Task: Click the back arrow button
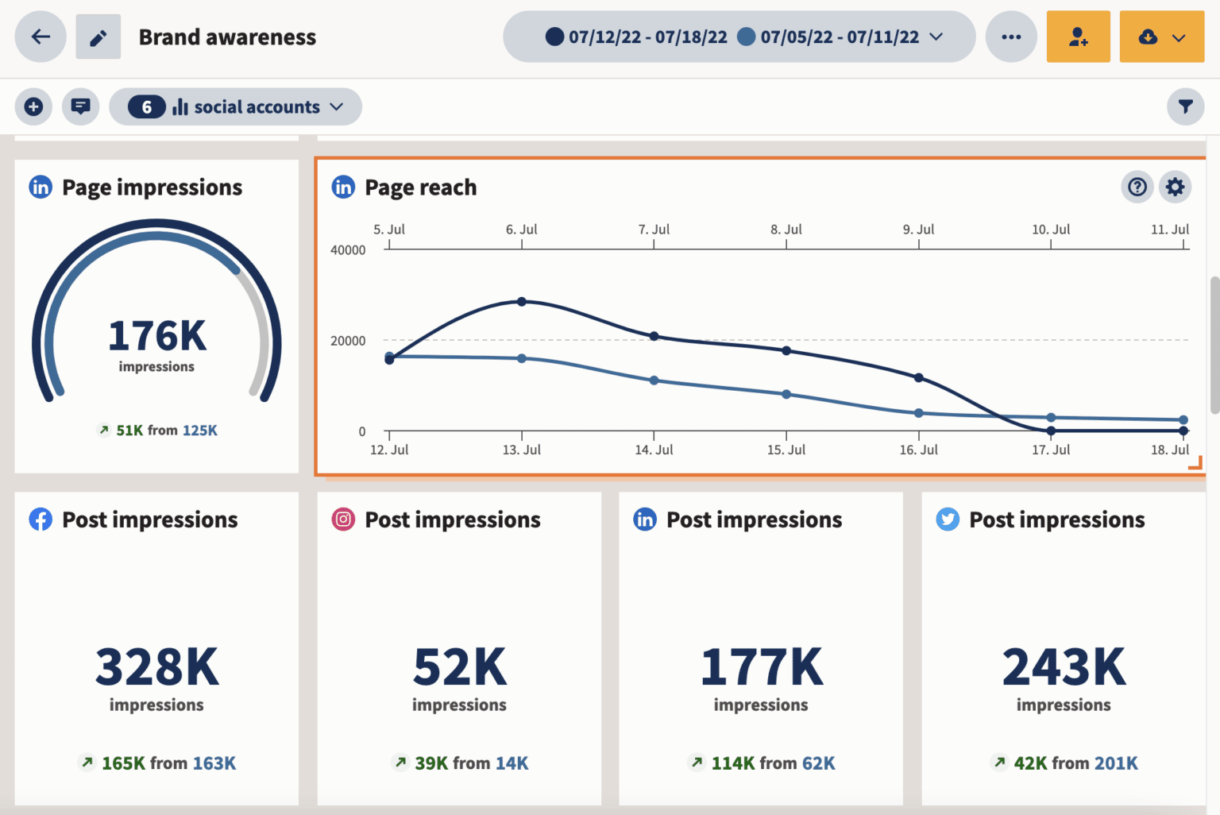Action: [41, 37]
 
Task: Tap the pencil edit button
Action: [98, 37]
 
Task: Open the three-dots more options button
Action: [1011, 37]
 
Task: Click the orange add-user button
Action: [1078, 37]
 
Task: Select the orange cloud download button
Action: [1161, 37]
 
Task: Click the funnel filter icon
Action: [1185, 106]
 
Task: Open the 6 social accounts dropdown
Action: [235, 106]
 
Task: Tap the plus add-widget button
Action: [33, 106]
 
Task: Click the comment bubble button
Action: [80, 106]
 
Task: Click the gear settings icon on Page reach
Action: [1175, 187]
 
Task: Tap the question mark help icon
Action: [1137, 187]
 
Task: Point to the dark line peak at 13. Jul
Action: [522, 302]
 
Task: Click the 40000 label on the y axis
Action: [348, 250]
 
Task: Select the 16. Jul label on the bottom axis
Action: [918, 450]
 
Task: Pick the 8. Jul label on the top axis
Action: [786, 230]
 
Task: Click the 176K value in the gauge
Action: [156, 336]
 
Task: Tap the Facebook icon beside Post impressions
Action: [41, 520]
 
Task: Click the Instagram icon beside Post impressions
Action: [343, 520]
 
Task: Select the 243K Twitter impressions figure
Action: [1064, 667]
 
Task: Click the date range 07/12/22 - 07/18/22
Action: [647, 37]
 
